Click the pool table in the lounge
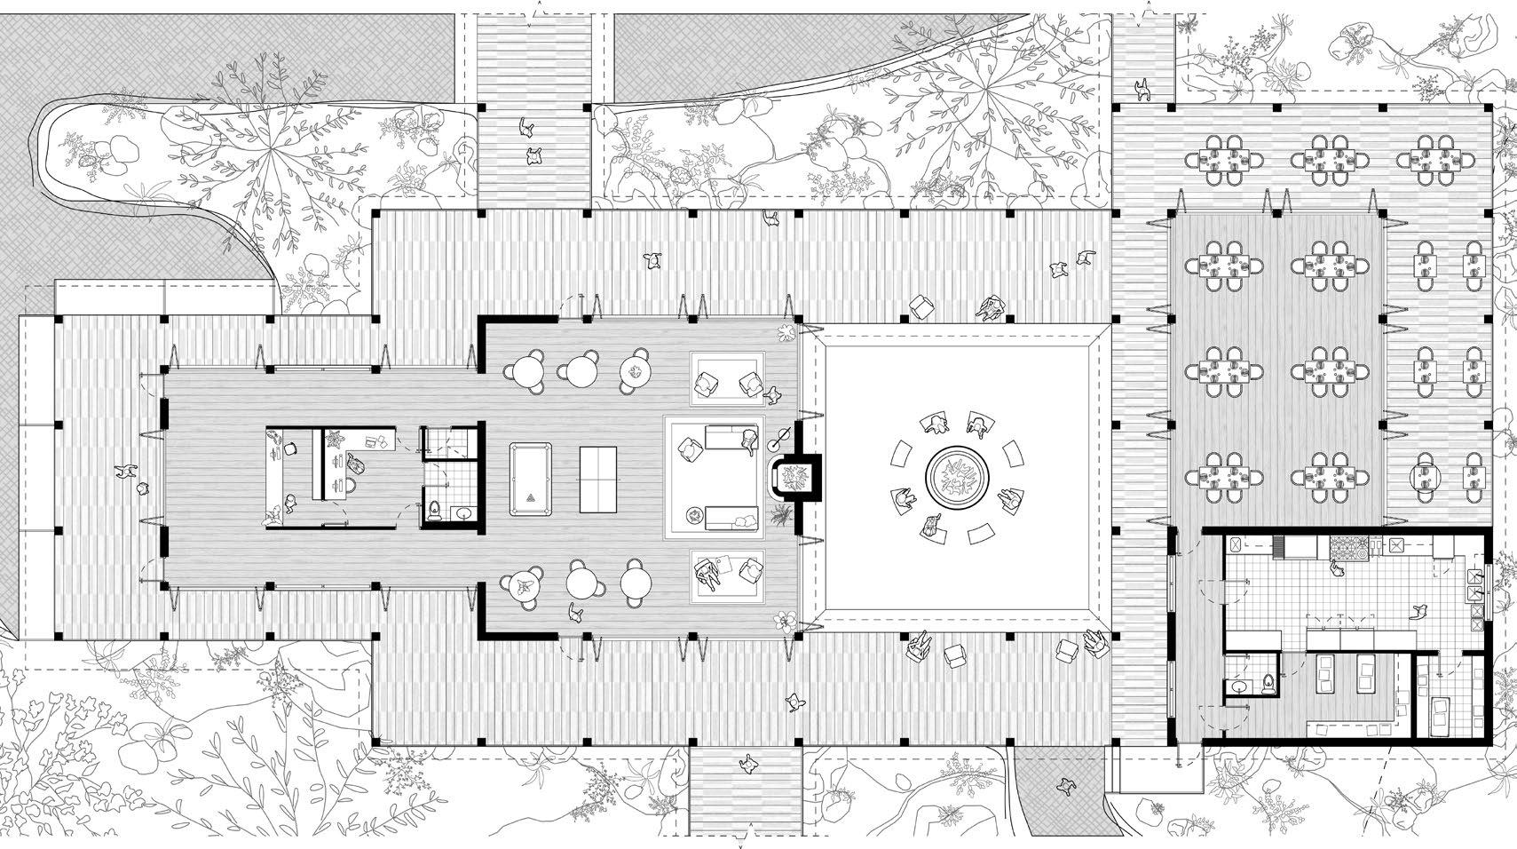(x=530, y=479)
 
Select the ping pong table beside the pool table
(x=597, y=479)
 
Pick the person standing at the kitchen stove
(x=1336, y=568)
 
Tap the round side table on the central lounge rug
(x=693, y=514)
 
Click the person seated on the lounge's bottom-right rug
(x=708, y=573)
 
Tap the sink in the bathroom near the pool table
(x=462, y=512)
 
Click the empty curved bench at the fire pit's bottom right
(x=981, y=535)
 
